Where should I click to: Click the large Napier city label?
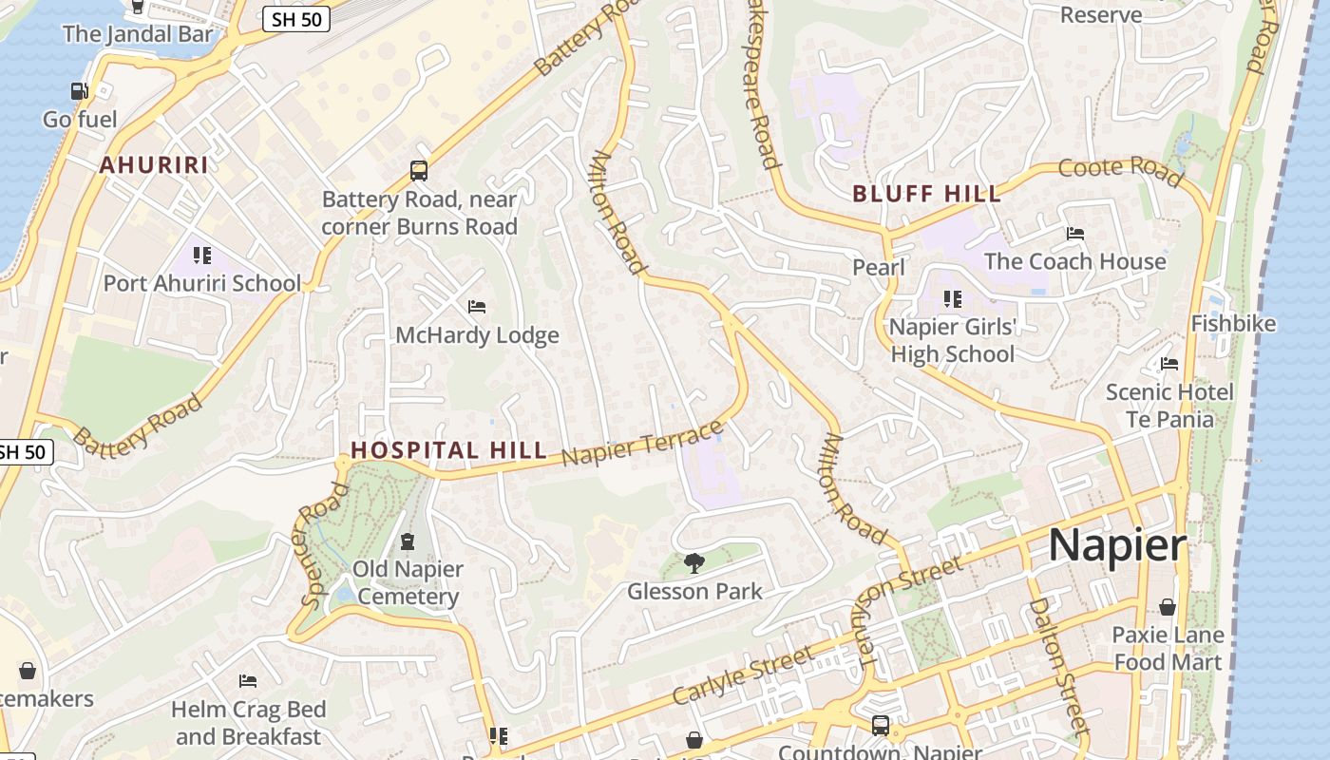coord(1117,546)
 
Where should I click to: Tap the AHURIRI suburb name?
coord(154,165)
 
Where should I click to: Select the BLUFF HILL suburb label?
coord(926,195)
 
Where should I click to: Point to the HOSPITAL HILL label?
coord(448,450)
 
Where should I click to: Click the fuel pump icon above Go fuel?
coord(80,91)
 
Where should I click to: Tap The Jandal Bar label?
coord(138,35)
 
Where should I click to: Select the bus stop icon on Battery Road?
coord(419,171)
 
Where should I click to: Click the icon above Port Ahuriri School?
coord(201,255)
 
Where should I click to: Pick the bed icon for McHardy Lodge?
coord(477,307)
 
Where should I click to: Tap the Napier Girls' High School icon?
coord(953,299)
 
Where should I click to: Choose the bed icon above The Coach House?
coord(1074,233)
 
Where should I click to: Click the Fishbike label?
coord(1233,324)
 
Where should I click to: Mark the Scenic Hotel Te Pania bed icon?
coord(1169,364)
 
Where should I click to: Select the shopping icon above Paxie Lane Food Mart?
coord(1168,607)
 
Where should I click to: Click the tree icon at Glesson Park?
coord(694,562)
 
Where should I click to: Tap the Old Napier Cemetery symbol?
coord(408,541)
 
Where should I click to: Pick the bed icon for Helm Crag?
coord(248,681)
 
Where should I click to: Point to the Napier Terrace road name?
coord(642,444)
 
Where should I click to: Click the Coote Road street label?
coord(1121,171)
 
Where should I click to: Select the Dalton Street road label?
coord(1058,665)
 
